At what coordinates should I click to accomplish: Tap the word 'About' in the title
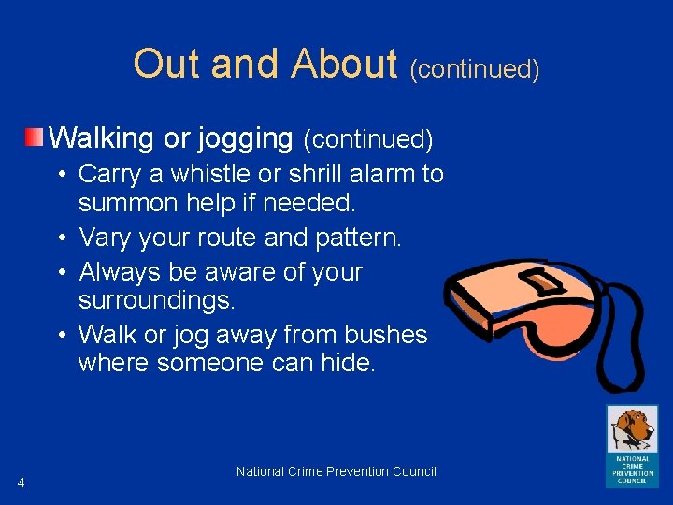point(344,65)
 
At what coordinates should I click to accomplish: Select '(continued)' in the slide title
point(475,69)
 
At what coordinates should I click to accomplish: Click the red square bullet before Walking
point(34,138)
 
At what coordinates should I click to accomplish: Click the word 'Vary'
point(106,238)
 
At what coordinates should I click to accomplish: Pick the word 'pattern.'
point(360,238)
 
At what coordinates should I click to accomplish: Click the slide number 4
point(21,483)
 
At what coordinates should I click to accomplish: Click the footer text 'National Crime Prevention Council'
point(336,471)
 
